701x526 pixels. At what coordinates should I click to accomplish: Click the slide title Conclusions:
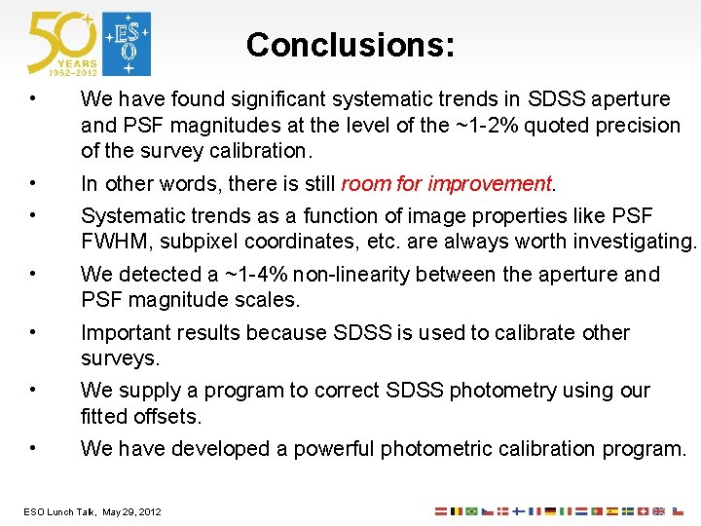pos(350,45)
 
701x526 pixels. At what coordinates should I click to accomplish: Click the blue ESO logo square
pos(128,44)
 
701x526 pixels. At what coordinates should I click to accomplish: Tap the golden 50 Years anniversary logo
pos(62,44)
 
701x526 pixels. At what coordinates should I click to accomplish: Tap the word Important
pos(125,333)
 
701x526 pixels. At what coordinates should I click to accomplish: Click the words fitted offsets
pos(141,417)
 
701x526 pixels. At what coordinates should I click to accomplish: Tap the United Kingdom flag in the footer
pos(659,510)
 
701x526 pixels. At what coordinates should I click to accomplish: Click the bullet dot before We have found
pos(33,99)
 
